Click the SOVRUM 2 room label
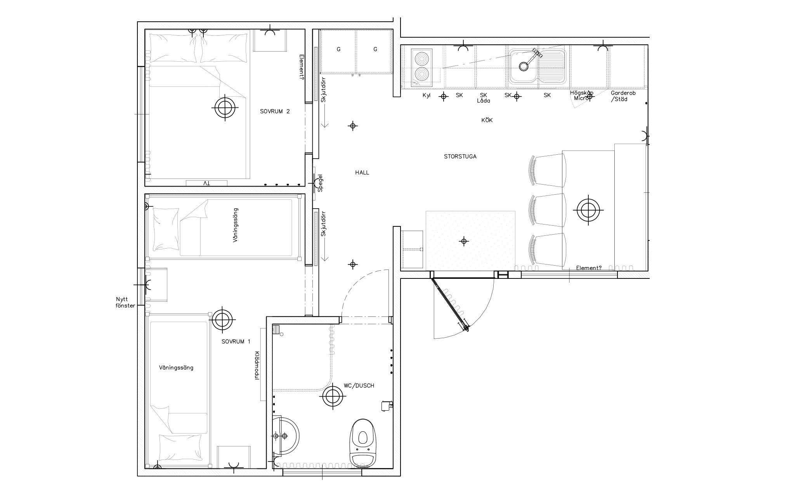point(275,111)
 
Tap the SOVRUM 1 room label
point(236,342)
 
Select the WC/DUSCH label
point(359,386)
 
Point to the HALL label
point(362,173)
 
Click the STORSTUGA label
point(460,157)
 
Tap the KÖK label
point(487,120)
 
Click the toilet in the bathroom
point(363,444)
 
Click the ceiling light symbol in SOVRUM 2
point(225,108)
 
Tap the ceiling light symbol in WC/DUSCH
point(333,396)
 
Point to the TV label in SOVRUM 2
point(206,183)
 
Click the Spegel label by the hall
point(321,183)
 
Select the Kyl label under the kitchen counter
point(427,95)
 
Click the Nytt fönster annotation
point(125,302)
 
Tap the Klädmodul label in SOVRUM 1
point(257,366)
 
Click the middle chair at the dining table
point(547,210)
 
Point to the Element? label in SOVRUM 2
point(302,66)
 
